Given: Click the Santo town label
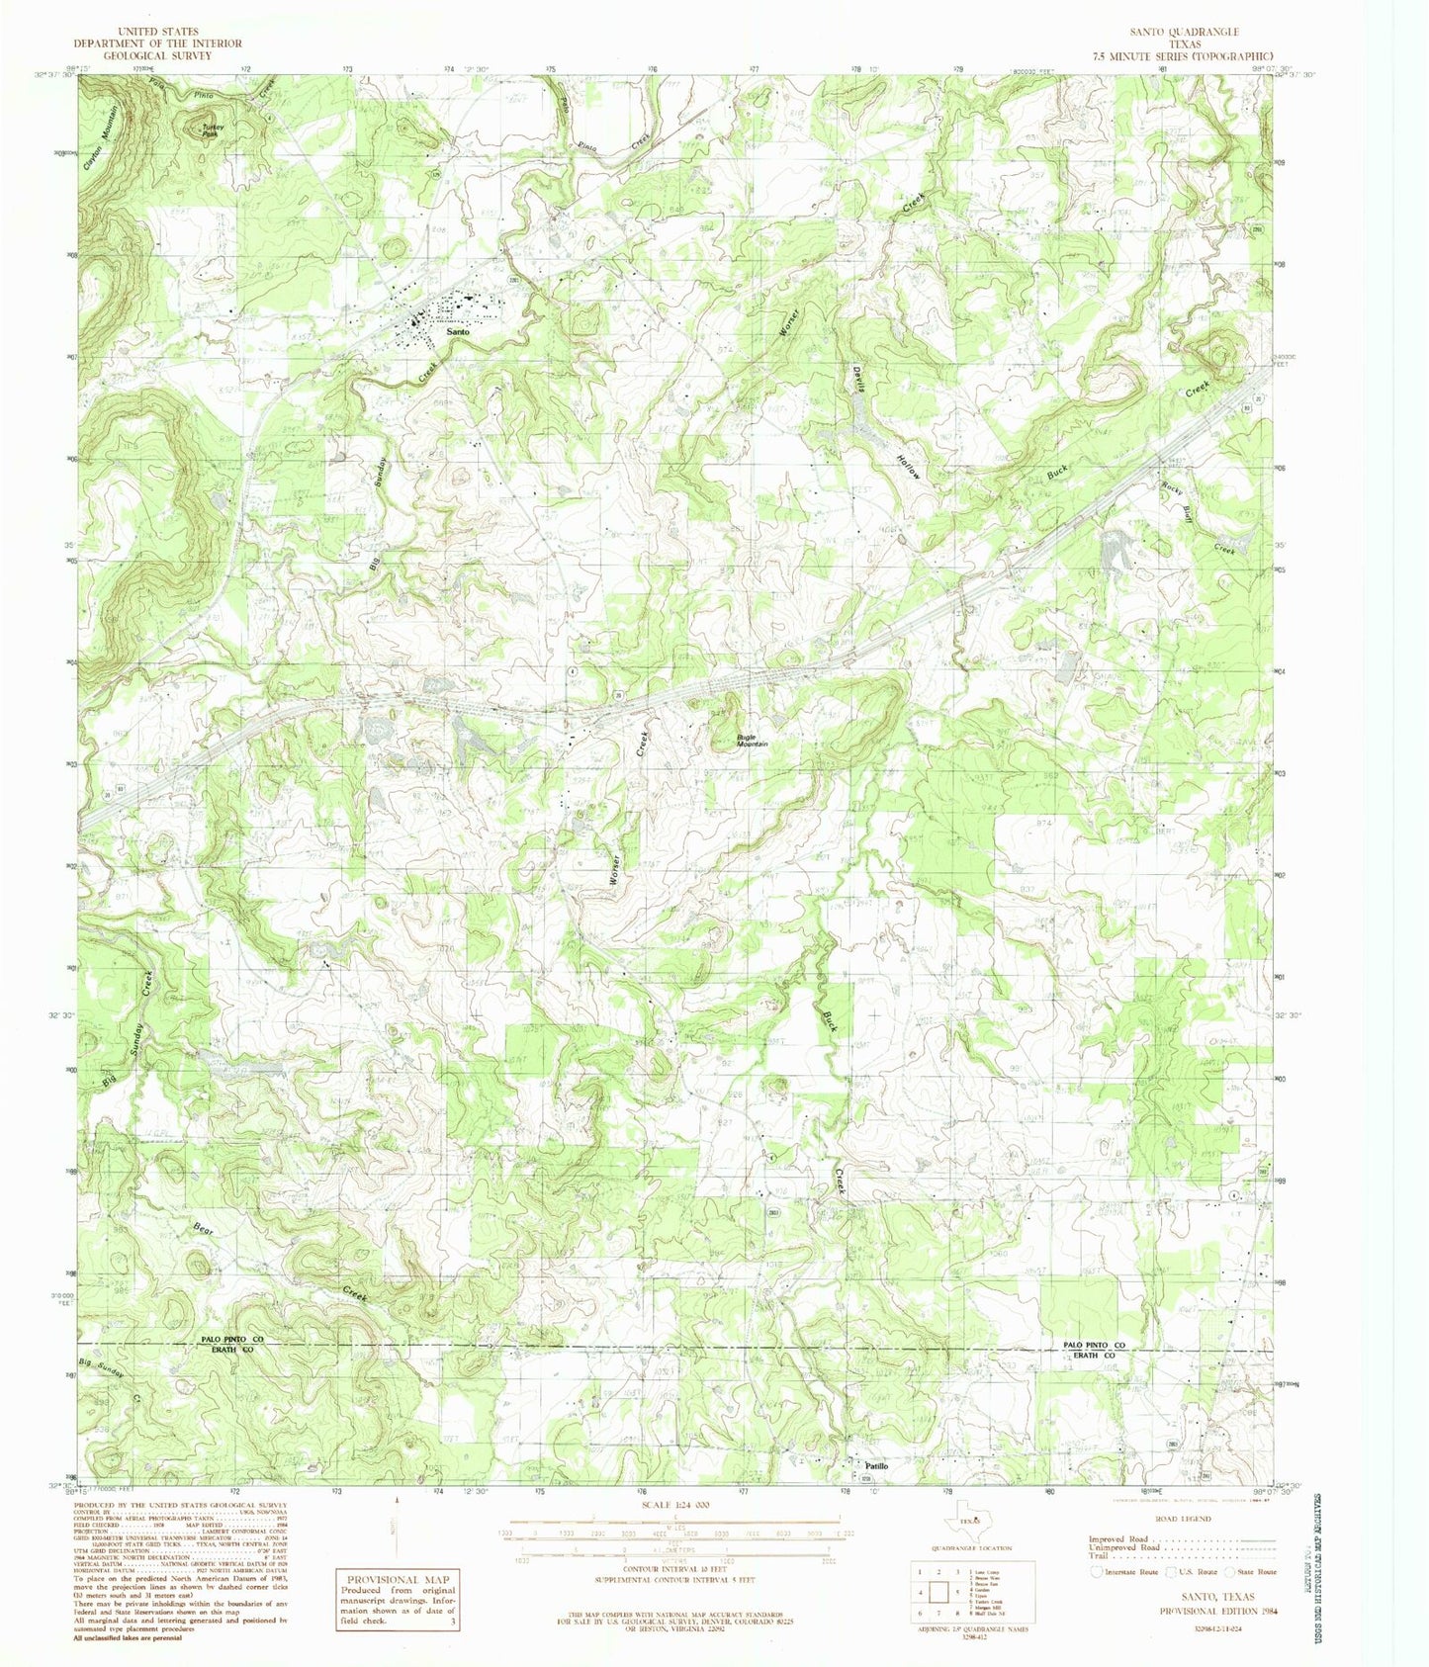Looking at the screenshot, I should (457, 334).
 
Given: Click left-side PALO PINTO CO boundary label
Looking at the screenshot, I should (233, 1339).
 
